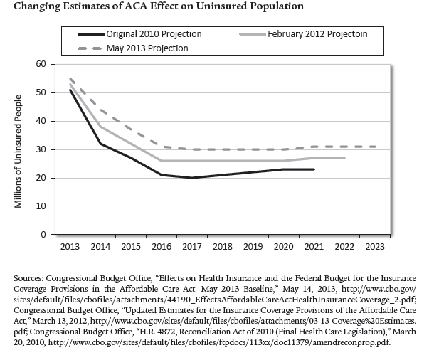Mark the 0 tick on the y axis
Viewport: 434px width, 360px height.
point(43,235)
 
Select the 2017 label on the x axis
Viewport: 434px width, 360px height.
point(192,246)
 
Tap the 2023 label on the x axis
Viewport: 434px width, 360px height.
point(374,246)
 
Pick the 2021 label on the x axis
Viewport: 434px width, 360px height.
point(314,246)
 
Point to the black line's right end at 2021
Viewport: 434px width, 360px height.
point(314,169)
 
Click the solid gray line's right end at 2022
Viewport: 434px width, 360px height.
point(344,158)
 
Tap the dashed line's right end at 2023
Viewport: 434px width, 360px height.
point(375,147)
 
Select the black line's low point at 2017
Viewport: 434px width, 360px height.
point(192,178)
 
